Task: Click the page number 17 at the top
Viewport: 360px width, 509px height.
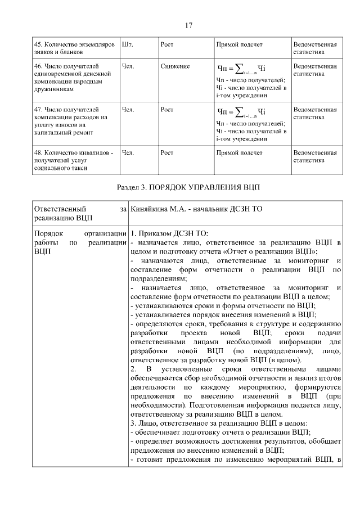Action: [x=189, y=25]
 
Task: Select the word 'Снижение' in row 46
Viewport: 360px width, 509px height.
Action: [x=174, y=66]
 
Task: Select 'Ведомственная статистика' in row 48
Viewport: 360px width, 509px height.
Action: [x=314, y=156]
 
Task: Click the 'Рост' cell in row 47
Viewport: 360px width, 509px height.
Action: [x=166, y=110]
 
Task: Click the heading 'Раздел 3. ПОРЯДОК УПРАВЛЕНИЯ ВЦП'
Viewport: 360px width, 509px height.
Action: [x=189, y=186]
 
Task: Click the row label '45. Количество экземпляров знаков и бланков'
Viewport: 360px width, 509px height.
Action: [x=74, y=48]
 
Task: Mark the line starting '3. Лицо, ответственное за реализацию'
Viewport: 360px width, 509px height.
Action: [x=224, y=423]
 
